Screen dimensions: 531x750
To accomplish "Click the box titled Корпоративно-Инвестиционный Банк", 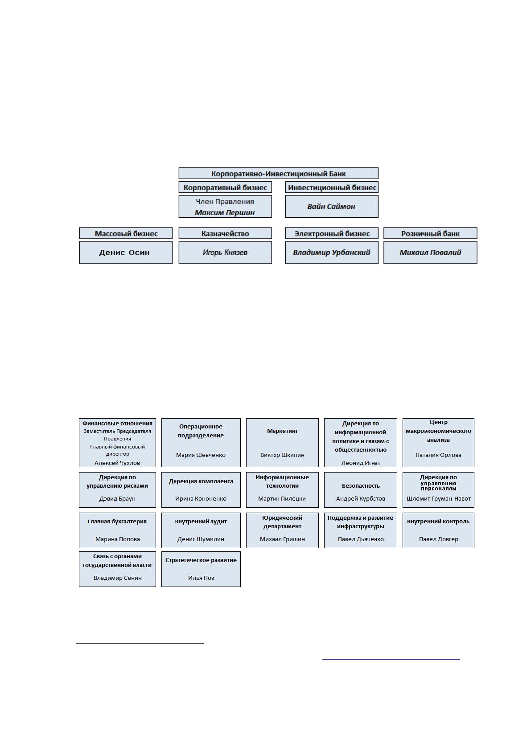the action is click(278, 173).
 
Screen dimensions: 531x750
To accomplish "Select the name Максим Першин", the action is click(225, 212).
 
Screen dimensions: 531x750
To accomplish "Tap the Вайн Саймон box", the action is click(332, 207).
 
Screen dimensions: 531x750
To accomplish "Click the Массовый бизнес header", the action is click(126, 233).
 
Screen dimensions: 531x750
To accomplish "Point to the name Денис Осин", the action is click(124, 253).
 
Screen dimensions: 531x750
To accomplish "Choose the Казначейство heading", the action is click(225, 233).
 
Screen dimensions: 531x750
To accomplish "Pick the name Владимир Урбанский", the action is click(332, 253).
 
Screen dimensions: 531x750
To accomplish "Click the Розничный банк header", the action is click(430, 233).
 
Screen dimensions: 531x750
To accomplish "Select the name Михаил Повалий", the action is click(430, 253).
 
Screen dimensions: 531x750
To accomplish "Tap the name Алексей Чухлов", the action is click(117, 463).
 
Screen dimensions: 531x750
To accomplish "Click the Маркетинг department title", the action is click(282, 431).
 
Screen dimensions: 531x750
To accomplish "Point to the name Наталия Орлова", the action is click(438, 455).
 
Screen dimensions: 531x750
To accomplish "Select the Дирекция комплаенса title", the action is click(201, 481).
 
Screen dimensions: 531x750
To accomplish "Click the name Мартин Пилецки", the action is click(282, 498).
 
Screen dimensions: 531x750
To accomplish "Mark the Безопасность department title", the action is click(361, 485).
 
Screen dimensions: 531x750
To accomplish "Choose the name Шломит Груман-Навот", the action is click(438, 498).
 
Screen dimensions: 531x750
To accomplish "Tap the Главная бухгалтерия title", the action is click(117, 522).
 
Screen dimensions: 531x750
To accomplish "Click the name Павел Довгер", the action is click(438, 539).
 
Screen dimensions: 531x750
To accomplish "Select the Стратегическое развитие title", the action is click(201, 560).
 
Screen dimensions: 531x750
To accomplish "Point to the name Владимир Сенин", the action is click(118, 578).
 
